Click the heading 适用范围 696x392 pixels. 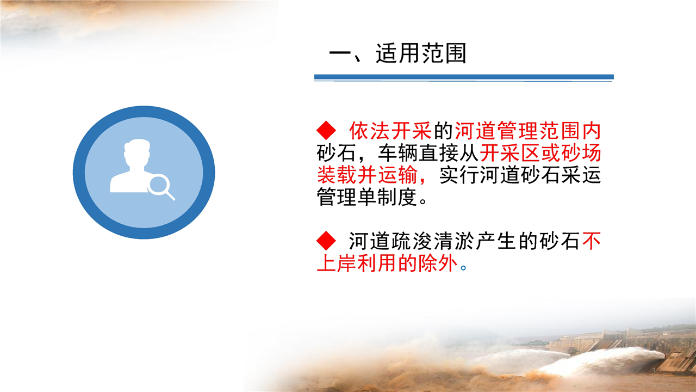(x=421, y=53)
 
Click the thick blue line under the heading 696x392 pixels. (x=464, y=77)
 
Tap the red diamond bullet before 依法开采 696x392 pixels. (x=326, y=130)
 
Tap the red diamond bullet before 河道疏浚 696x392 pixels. (x=326, y=241)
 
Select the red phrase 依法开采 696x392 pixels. (x=390, y=131)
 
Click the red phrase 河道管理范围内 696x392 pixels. (x=527, y=131)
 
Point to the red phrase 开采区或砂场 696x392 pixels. (x=540, y=153)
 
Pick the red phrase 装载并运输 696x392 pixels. (x=366, y=175)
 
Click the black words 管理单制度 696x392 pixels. (x=366, y=197)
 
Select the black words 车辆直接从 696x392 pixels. (x=427, y=153)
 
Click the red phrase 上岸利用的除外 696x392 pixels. (x=387, y=263)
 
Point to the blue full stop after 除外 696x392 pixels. (x=463, y=267)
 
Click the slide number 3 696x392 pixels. (x=654, y=371)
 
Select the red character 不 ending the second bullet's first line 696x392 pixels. (x=591, y=241)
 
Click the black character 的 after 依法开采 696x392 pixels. (x=443, y=131)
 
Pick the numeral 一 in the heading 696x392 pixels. (x=340, y=53)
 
